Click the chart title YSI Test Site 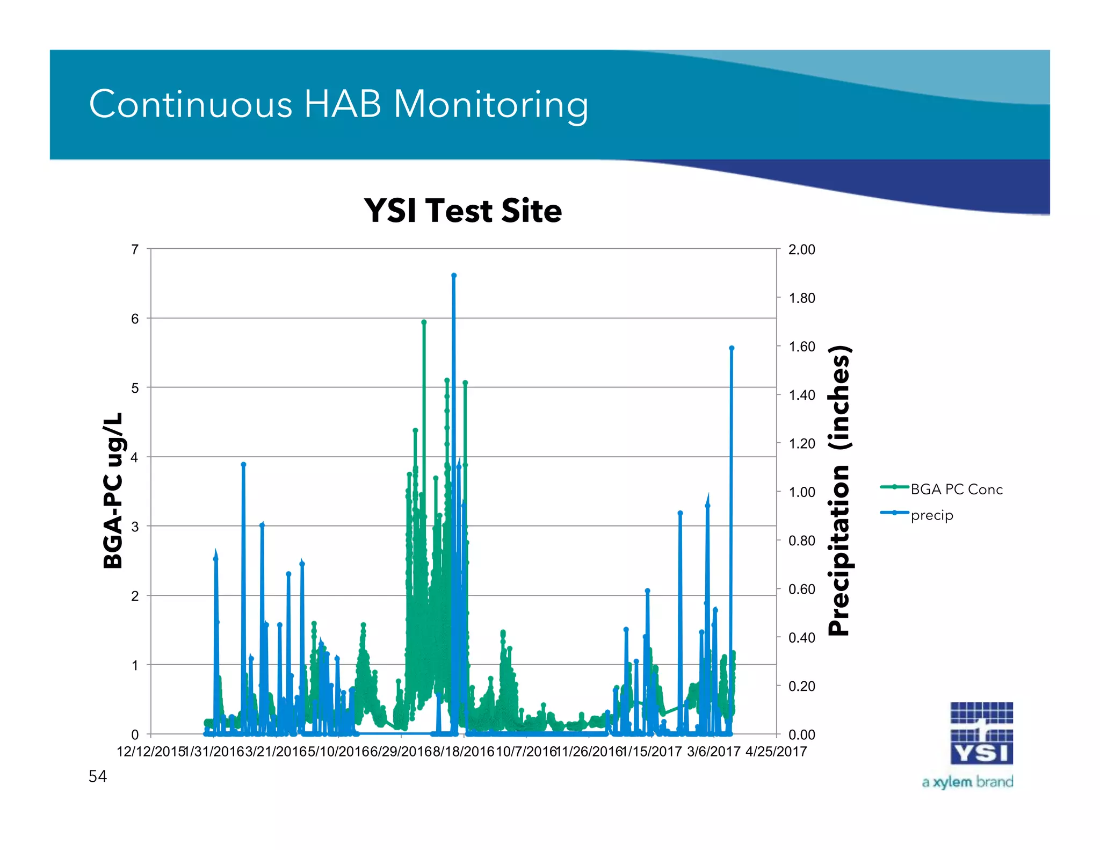tap(462, 210)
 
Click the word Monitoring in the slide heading tap(491, 104)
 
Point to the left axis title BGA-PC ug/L tap(113, 491)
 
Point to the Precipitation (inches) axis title tap(840, 491)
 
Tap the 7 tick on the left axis tap(135, 249)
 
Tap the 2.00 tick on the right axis tap(801, 249)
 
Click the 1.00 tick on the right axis tap(801, 492)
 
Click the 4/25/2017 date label tap(776, 752)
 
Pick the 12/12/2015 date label tap(150, 752)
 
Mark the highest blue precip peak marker tap(454, 276)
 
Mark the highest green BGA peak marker tap(424, 322)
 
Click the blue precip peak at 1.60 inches tap(732, 348)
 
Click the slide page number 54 tap(98, 776)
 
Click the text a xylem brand tap(967, 782)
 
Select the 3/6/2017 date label tap(713, 752)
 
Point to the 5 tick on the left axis tap(135, 388)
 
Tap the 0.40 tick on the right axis tap(801, 638)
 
